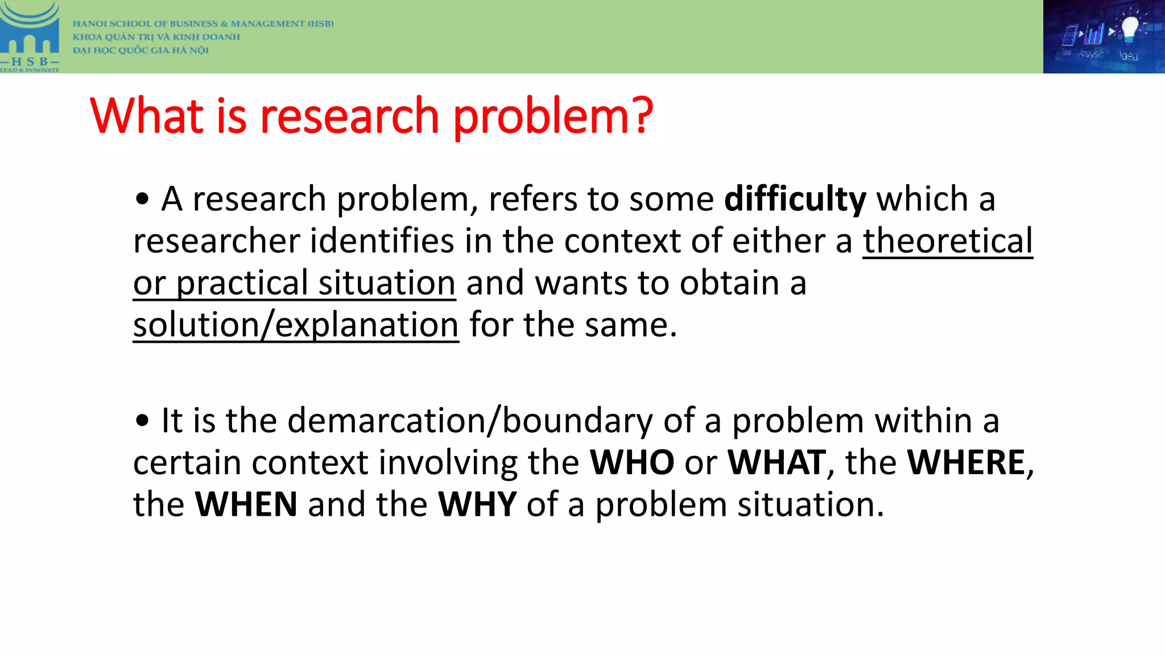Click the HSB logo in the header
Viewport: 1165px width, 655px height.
click(x=30, y=37)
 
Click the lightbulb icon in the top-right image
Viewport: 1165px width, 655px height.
click(x=1129, y=28)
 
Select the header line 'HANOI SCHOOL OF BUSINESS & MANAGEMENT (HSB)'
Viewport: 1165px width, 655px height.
click(x=203, y=24)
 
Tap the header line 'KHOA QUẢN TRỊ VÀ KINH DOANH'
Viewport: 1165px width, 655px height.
click(x=156, y=37)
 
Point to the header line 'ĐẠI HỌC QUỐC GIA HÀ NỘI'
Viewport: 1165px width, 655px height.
click(x=141, y=50)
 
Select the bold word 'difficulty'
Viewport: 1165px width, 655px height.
click(x=795, y=200)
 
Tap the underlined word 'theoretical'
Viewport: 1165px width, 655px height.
click(x=947, y=241)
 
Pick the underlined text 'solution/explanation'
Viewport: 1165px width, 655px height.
click(x=296, y=325)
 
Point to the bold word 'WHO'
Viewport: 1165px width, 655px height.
click(x=632, y=462)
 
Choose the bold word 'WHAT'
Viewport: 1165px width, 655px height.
click(x=776, y=462)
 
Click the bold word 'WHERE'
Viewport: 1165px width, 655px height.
click(x=965, y=462)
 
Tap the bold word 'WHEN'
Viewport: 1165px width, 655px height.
click(x=246, y=504)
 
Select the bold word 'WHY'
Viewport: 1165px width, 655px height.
click(x=477, y=504)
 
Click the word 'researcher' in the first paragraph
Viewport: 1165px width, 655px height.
click(x=216, y=241)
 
